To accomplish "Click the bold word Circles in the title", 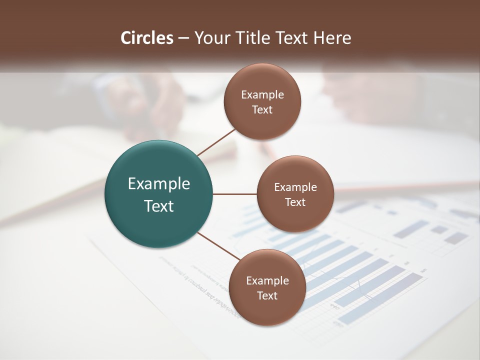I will coord(146,38).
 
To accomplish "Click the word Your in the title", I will coord(210,38).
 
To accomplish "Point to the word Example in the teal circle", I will coord(159,183).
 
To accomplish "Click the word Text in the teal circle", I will coord(159,206).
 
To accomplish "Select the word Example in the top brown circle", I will coord(262,94).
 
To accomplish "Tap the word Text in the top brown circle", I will coord(262,109).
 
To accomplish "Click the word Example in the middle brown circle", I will coord(295,187).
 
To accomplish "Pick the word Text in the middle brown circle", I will coord(295,202).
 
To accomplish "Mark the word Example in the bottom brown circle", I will coord(267,280).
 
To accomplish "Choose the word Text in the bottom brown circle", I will coord(267,295).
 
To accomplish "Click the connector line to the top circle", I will coord(216,142).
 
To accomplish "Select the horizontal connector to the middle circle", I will coord(235,194).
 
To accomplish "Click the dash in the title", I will coord(183,38).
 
